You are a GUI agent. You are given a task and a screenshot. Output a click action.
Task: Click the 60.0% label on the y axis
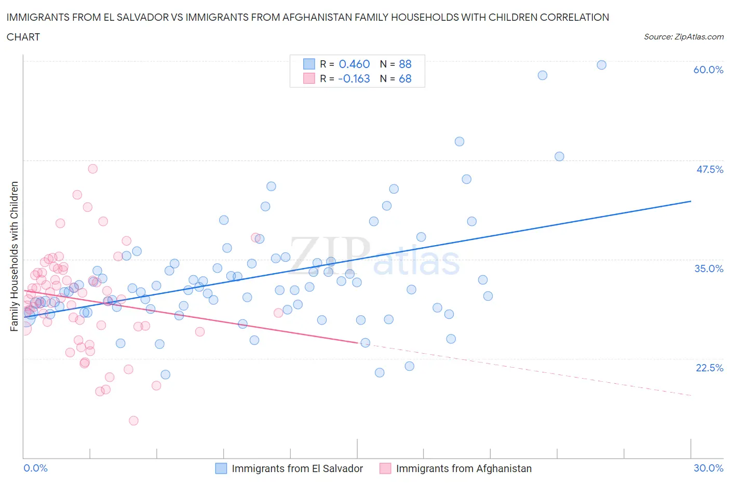[708, 70]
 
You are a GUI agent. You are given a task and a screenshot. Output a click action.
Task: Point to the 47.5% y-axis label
[709, 169]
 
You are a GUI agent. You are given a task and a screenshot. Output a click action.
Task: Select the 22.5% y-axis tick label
[709, 368]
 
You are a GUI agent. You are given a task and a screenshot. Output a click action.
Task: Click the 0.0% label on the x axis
[36, 468]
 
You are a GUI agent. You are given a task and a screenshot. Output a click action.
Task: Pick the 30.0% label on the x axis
[708, 468]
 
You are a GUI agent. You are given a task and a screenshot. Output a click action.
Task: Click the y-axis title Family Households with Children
[14, 256]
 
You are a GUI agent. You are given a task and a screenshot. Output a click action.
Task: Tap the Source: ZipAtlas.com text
[683, 37]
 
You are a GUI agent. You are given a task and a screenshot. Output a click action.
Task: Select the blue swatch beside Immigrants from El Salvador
[221, 468]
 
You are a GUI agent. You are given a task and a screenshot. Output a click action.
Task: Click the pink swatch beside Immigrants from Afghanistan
[385, 468]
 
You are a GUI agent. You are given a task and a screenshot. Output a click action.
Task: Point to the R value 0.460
[354, 64]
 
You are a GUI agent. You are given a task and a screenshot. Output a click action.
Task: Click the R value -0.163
[354, 79]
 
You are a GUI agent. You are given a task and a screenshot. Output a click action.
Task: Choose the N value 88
[405, 64]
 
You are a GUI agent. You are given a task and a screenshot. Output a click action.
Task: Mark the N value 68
[405, 79]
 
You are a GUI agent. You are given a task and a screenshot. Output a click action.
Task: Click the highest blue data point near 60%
[601, 65]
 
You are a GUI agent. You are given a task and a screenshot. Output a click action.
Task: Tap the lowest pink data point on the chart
[133, 421]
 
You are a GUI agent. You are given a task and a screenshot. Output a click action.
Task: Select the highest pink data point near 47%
[92, 169]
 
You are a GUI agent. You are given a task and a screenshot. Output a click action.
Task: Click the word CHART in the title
[23, 37]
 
